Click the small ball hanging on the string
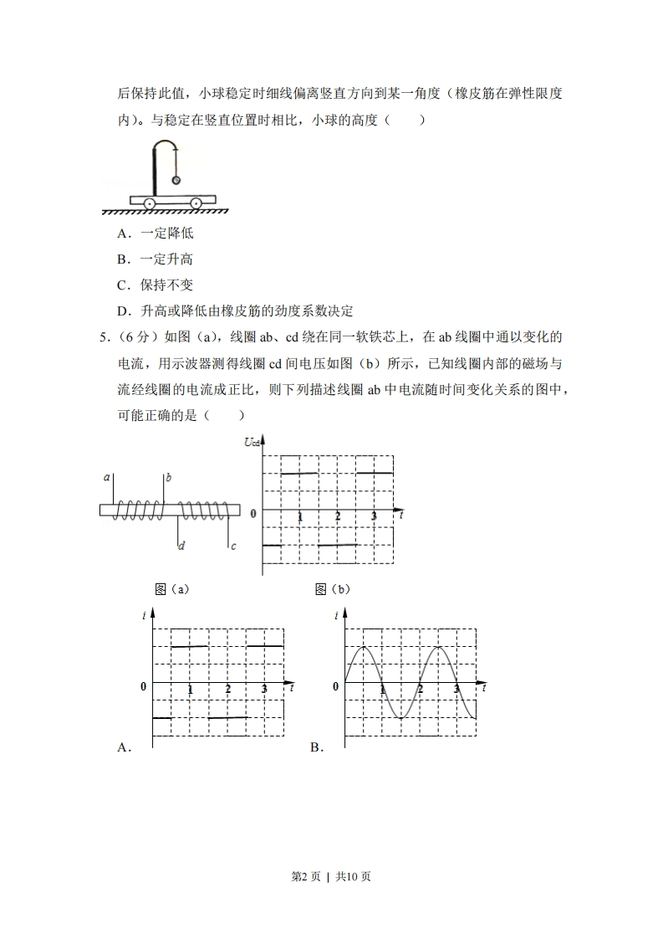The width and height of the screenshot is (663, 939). [x=176, y=179]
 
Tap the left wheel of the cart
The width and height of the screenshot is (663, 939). [x=149, y=203]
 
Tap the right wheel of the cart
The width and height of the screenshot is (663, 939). [x=196, y=203]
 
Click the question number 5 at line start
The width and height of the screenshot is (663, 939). [x=104, y=337]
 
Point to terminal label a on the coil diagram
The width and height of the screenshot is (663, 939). [x=107, y=477]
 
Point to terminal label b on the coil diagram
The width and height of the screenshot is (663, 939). [x=169, y=477]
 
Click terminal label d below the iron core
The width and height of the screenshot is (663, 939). [x=181, y=546]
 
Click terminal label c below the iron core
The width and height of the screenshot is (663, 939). [x=233, y=546]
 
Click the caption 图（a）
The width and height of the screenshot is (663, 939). [x=172, y=589]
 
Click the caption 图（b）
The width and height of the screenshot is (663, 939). [x=333, y=589]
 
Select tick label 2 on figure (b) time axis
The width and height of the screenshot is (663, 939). [x=338, y=517]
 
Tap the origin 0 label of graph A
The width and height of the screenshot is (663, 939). [x=143, y=686]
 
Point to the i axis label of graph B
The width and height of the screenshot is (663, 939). [x=336, y=616]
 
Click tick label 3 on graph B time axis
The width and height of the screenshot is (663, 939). [x=456, y=689]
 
